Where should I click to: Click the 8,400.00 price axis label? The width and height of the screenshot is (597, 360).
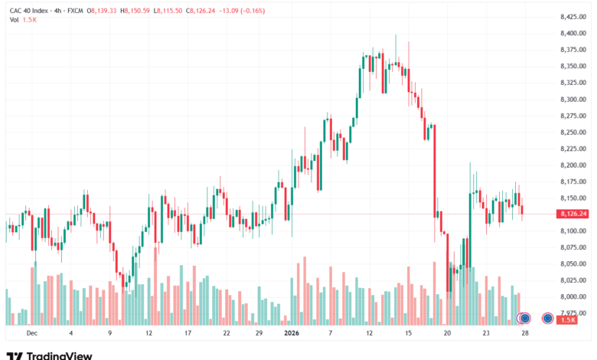click(x=573, y=34)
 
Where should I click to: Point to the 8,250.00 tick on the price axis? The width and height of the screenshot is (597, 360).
click(x=573, y=133)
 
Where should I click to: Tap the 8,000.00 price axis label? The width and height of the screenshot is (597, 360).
click(x=573, y=296)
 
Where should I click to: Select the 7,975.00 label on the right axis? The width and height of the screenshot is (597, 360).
click(x=573, y=313)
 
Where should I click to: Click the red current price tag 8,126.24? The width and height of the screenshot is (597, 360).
click(x=573, y=214)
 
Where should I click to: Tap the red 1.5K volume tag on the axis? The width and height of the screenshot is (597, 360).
click(x=567, y=319)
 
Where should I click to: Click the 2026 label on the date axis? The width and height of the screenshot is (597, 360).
click(x=291, y=334)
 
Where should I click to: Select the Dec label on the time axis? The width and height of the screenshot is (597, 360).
click(x=31, y=334)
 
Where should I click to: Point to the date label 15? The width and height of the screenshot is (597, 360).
click(x=409, y=334)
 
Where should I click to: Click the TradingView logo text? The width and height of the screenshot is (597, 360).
click(x=59, y=355)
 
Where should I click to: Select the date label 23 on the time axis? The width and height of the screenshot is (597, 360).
click(x=487, y=334)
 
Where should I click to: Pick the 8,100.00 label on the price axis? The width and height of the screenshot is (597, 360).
click(x=573, y=231)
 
